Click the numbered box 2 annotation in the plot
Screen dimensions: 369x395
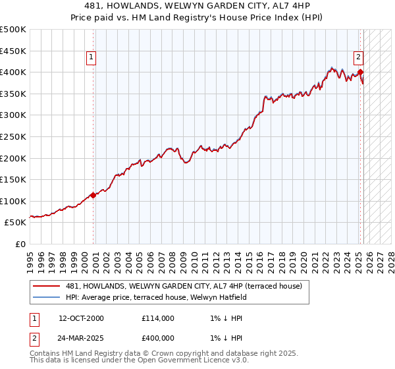pyautogui.click(x=359, y=57)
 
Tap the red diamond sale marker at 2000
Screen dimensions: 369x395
pyautogui.click(x=93, y=194)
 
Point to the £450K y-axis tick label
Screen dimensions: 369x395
pyautogui.click(x=14, y=51)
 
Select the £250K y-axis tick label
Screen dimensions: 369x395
pyautogui.click(x=14, y=136)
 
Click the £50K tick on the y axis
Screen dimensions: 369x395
pyautogui.click(x=16, y=223)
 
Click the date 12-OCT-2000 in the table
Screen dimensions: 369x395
pyautogui.click(x=81, y=318)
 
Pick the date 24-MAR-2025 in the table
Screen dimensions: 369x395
pyautogui.click(x=81, y=338)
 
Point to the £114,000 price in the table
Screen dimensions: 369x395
pyautogui.click(x=157, y=318)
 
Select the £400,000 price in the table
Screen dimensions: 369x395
pyautogui.click(x=157, y=338)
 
